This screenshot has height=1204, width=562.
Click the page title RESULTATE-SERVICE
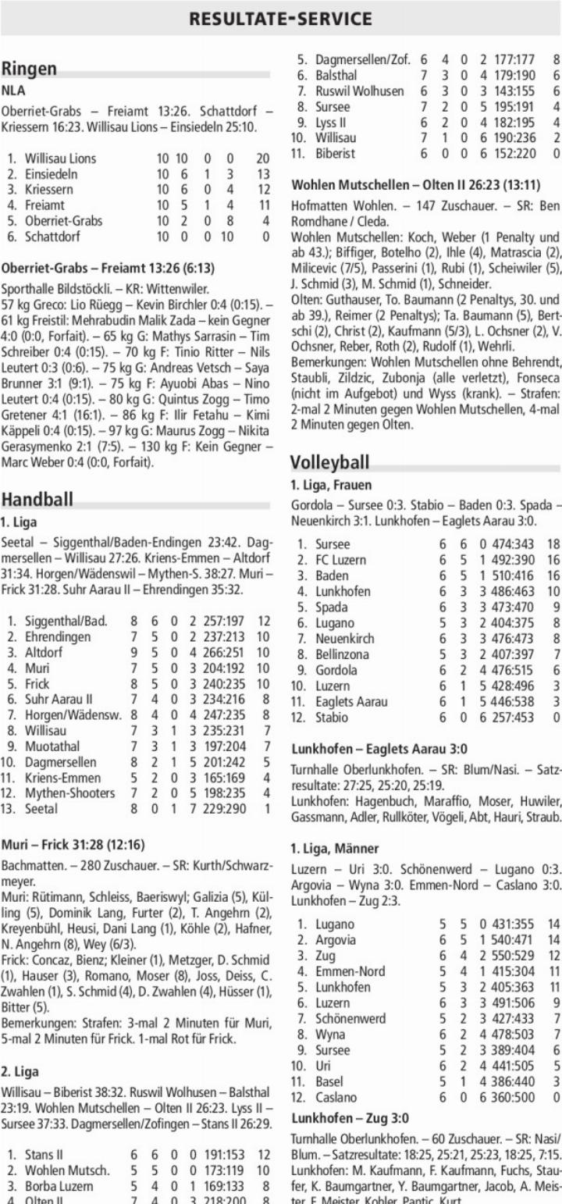tap(281, 19)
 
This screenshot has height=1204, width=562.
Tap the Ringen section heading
tap(28, 69)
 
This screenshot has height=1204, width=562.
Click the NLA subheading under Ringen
tap(13, 91)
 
